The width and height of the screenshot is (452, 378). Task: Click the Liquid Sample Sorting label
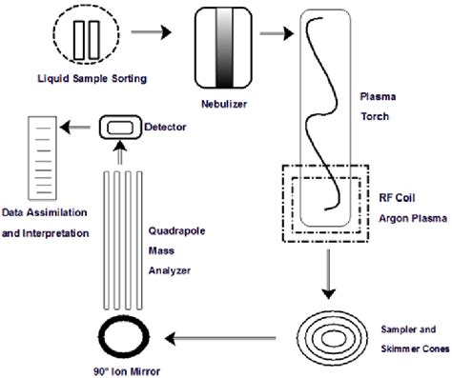[x=92, y=76]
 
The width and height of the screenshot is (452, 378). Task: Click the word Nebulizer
[x=224, y=83]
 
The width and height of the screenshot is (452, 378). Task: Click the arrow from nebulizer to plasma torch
[x=276, y=33]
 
